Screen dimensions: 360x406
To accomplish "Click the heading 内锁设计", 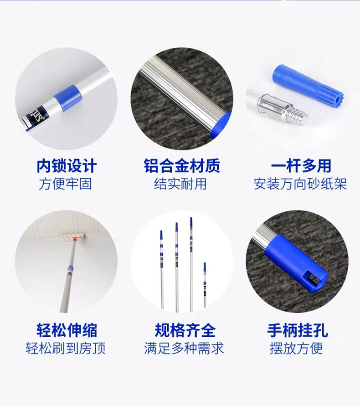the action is point(67,166).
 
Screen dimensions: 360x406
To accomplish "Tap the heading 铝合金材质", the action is point(182,166).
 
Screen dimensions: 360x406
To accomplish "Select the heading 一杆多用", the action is point(301,166).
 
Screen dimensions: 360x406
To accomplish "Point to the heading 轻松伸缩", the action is point(67,330).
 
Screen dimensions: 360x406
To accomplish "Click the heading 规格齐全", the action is point(185,330).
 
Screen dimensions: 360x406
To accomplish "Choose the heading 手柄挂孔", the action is point(297,330).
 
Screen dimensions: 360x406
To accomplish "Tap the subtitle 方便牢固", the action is point(65,184).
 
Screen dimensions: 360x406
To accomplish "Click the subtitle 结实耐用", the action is point(180,184).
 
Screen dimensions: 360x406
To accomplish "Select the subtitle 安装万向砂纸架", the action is point(300,184).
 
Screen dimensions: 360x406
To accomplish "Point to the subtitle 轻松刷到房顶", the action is point(66,348).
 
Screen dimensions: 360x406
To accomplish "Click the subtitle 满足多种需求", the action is point(184,348).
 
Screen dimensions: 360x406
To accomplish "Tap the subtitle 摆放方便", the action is point(296,348).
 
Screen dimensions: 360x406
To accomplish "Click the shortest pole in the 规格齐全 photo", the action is point(205,285).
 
